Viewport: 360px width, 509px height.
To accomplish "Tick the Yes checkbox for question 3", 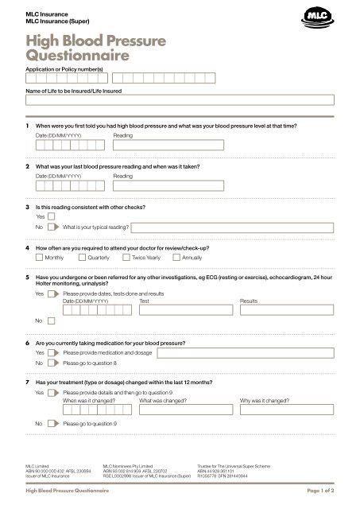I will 52,216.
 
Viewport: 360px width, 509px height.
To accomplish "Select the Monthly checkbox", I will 40,258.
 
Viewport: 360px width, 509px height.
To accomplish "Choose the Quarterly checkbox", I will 83,258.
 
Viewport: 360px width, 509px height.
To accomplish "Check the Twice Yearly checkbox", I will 126,258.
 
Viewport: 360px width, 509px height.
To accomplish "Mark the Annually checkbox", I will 176,258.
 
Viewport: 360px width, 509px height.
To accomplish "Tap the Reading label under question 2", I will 123,176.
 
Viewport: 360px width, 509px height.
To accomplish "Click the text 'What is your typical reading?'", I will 96,227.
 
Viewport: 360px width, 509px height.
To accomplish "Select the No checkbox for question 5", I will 52,321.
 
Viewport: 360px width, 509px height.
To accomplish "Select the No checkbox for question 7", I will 52,424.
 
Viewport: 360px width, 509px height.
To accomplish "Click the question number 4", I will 28,247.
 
